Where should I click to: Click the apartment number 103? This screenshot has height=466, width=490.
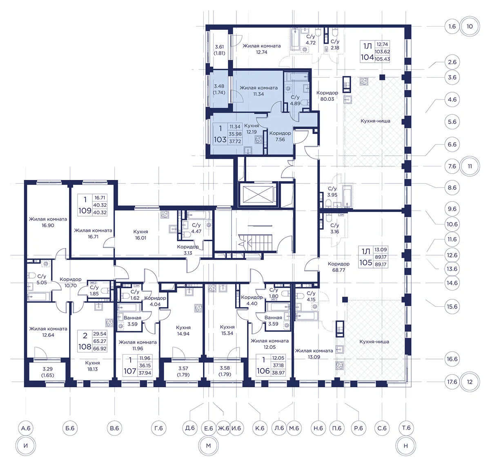point(220,140)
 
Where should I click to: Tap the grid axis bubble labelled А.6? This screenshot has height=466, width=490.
point(26,428)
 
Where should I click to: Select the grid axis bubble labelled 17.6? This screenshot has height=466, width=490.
point(452,382)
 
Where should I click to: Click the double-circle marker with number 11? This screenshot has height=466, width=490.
point(470,166)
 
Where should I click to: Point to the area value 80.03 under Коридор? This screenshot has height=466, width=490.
point(327,99)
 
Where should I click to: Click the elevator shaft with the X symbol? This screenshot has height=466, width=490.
point(258,194)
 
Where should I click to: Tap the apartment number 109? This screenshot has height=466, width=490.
point(85,211)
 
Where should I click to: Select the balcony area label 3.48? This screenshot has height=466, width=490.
point(219,86)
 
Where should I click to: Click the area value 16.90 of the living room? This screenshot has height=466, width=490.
point(48,225)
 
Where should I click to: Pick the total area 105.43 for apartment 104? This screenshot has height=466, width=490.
point(382,59)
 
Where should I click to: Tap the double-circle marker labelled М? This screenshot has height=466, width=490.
point(208,446)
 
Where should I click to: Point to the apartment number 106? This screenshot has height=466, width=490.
point(263,371)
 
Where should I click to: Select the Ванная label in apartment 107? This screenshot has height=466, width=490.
point(132,318)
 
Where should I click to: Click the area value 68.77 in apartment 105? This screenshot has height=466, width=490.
point(339,270)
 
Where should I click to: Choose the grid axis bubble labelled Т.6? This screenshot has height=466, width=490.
point(406,428)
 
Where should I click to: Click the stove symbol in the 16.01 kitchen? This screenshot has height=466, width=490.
point(165,214)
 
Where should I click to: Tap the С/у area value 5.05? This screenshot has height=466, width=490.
point(42,282)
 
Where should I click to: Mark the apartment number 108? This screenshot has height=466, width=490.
point(85,346)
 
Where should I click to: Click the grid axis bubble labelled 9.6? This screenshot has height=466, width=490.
point(452,209)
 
